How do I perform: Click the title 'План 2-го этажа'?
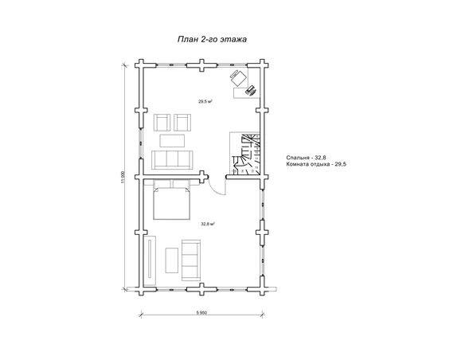coord(212,39)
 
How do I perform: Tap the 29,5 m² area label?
coord(205,101)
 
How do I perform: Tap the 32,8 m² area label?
coord(208,224)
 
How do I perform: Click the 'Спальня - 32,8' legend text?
coord(307,158)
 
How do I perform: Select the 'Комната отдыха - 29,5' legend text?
coord(316,164)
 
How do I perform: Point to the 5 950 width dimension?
coord(201,312)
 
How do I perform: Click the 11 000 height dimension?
coord(123,177)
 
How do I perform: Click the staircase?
coord(245,153)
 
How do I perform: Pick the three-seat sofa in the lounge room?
coord(172,160)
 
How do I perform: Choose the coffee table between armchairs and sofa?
coord(172,140)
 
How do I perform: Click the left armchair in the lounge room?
coord(162,122)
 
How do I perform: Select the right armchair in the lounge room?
coord(182,122)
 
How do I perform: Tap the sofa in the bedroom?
coord(191,260)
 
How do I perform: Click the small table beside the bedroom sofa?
coord(172,260)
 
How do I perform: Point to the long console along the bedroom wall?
coord(150,260)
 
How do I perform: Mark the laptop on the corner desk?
coord(251,91)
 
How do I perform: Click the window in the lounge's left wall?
coord(141,143)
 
